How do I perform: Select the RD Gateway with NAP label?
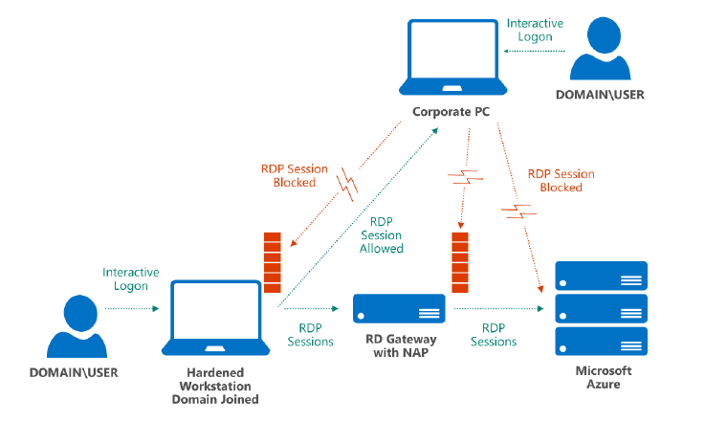click(400, 344)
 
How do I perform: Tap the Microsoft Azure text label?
click(603, 377)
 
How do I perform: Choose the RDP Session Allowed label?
click(381, 234)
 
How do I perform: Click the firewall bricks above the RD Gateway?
click(460, 261)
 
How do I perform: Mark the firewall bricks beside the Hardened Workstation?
click(273, 261)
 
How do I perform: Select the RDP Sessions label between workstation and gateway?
click(310, 334)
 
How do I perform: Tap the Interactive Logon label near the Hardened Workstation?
click(131, 278)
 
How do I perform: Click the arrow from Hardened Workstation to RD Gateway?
click(311, 309)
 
